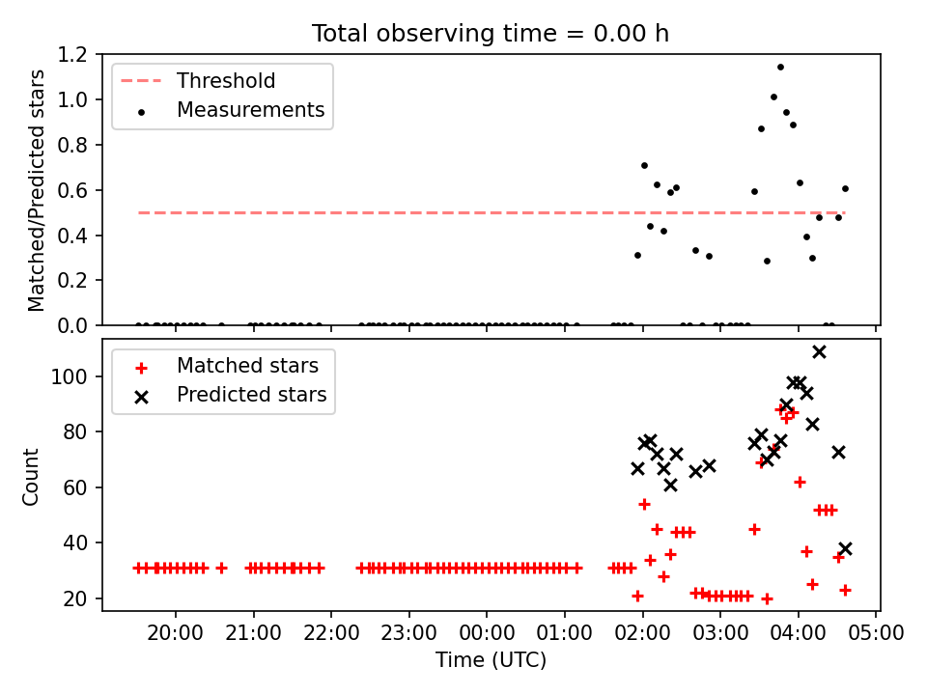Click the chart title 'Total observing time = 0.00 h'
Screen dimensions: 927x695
coord(491,34)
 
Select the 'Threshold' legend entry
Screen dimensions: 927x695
coord(197,81)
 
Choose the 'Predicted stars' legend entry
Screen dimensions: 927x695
coord(231,395)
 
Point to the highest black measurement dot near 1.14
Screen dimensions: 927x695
coord(780,68)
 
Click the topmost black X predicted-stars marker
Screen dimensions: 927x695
coord(819,352)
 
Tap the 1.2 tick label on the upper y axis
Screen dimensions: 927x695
coord(72,54)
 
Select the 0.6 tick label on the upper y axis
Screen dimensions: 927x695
coord(72,190)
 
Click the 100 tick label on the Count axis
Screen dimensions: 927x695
coord(70,376)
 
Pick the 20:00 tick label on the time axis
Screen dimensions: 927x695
coord(176,633)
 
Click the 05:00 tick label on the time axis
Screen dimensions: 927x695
coord(876,633)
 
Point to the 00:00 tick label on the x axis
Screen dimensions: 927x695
coord(487,633)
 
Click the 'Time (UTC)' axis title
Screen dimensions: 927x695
coord(491,659)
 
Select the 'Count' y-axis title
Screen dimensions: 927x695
coord(30,476)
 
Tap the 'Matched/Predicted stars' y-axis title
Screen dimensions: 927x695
coord(36,190)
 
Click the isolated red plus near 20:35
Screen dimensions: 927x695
coord(222,569)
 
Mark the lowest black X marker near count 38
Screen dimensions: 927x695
coord(845,549)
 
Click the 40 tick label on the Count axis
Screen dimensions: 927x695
coord(75,542)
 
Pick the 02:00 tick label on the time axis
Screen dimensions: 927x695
coord(643,633)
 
